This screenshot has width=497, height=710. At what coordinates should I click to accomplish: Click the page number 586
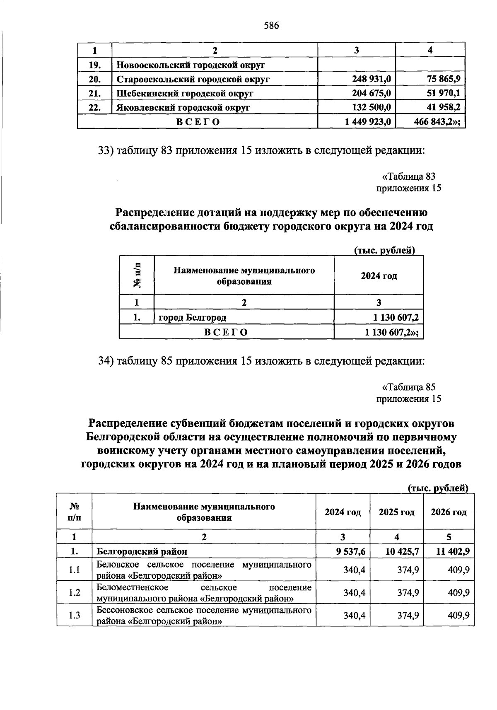[272, 26]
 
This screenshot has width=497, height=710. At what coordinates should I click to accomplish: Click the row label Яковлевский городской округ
[183, 108]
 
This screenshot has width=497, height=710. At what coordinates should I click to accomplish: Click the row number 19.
[94, 65]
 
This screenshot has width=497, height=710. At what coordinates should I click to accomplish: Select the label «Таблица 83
[408, 177]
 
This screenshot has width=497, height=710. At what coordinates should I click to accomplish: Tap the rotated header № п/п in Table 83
[137, 275]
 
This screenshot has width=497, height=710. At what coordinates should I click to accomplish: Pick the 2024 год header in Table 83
[379, 275]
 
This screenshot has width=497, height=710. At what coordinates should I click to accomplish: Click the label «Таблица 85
[408, 387]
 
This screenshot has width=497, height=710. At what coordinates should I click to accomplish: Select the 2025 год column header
[396, 512]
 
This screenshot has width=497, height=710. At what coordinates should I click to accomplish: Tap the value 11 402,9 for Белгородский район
[452, 551]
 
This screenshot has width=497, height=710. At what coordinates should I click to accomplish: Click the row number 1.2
[75, 593]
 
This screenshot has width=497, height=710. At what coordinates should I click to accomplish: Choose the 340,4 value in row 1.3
[355, 615]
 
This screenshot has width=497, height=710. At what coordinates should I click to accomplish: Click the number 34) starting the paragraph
[106, 361]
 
